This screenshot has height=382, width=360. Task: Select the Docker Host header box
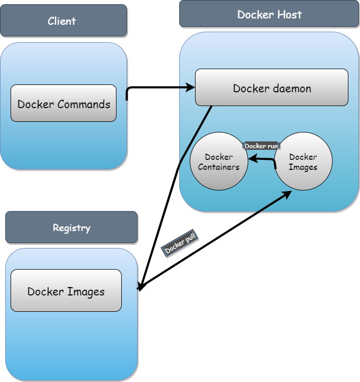click(269, 14)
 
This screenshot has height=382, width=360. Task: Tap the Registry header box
click(71, 228)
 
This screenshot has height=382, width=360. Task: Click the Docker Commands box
click(64, 103)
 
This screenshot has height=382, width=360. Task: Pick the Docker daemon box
click(271, 88)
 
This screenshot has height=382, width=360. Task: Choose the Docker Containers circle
click(219, 161)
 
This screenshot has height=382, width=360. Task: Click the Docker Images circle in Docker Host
click(304, 161)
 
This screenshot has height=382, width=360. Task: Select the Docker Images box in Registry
click(66, 291)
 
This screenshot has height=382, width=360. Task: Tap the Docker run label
click(261, 146)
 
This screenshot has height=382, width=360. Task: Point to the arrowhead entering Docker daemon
click(190, 88)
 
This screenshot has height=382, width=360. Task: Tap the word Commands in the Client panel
click(84, 104)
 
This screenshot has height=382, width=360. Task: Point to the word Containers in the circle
click(219, 167)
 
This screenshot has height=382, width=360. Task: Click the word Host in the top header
click(289, 14)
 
